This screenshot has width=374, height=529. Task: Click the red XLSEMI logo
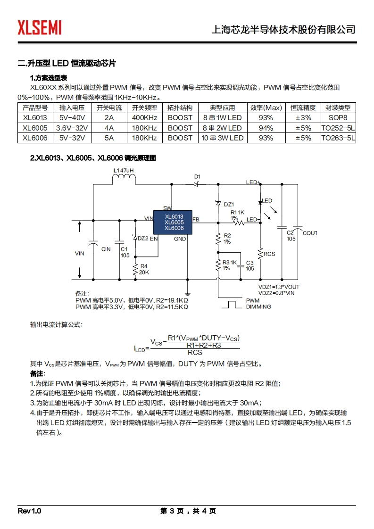click(x=40, y=27)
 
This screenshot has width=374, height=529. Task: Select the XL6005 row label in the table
click(x=35, y=128)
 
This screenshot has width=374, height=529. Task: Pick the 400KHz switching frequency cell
click(x=144, y=118)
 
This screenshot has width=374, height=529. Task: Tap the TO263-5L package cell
click(x=338, y=138)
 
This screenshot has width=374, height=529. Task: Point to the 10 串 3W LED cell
click(x=222, y=138)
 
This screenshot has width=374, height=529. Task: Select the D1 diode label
click(x=197, y=177)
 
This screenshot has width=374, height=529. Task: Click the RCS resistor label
click(x=269, y=254)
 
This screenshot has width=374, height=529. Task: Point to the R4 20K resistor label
click(x=144, y=269)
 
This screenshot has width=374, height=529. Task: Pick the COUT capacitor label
click(x=310, y=233)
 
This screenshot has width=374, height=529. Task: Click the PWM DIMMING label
click(x=258, y=304)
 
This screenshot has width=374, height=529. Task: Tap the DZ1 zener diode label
click(x=229, y=204)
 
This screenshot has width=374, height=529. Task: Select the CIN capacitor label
click(x=106, y=249)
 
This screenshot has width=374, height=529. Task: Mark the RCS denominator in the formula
click(x=195, y=352)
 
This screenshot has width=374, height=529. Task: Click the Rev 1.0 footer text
click(x=30, y=511)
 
